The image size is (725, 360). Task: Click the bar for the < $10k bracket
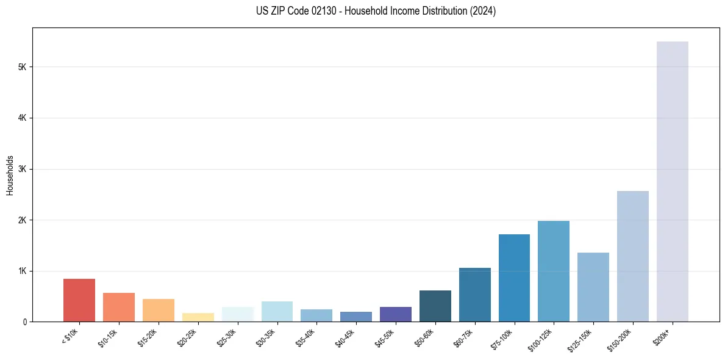(79, 300)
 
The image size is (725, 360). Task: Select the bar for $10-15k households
(119, 307)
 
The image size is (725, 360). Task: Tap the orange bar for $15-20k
(159, 310)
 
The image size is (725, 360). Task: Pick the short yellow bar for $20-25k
(198, 317)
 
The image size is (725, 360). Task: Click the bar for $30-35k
(277, 311)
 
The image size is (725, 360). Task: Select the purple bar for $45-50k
(396, 314)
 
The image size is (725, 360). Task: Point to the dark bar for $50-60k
(435, 306)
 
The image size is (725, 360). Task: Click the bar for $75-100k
(514, 278)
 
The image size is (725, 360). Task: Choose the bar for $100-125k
(554, 271)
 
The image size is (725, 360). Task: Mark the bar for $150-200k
(633, 256)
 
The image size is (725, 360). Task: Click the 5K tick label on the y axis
(22, 67)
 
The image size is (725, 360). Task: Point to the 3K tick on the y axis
(22, 169)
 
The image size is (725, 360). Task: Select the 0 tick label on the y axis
(24, 322)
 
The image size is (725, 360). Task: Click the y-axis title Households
(10, 175)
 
